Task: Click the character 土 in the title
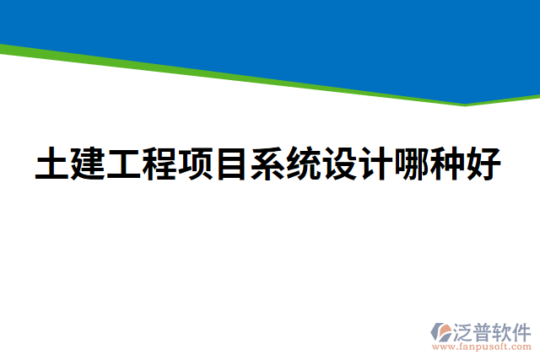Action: (52, 164)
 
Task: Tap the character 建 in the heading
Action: (89, 164)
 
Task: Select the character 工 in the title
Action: (125, 164)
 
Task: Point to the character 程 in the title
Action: (161, 164)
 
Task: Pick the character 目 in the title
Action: (233, 164)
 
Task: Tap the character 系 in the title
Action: (269, 164)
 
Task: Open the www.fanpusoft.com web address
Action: (482, 347)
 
